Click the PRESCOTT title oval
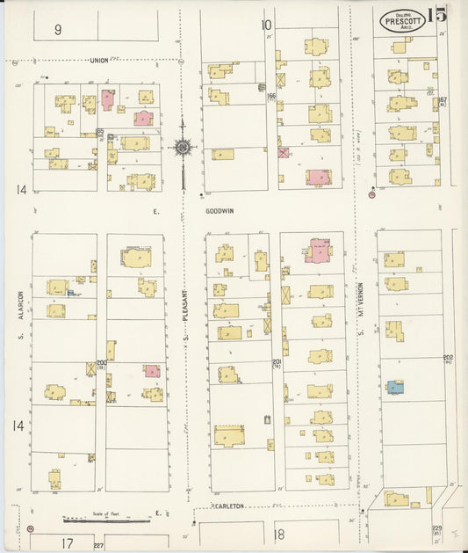coord(403,19)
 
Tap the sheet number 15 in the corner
coord(436,15)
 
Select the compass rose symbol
coord(183,148)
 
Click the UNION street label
coord(99,61)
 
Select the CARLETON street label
coord(227,506)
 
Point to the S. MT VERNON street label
coord(361,308)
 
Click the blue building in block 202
coord(395,386)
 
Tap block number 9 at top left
coord(58,29)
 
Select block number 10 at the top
coord(265,25)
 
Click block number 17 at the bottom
coord(67,543)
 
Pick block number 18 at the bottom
coord(279,534)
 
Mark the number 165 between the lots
coord(100,132)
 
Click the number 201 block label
coord(276,362)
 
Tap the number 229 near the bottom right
coord(436,528)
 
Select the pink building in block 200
coord(152,371)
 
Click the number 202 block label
coord(448,358)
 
